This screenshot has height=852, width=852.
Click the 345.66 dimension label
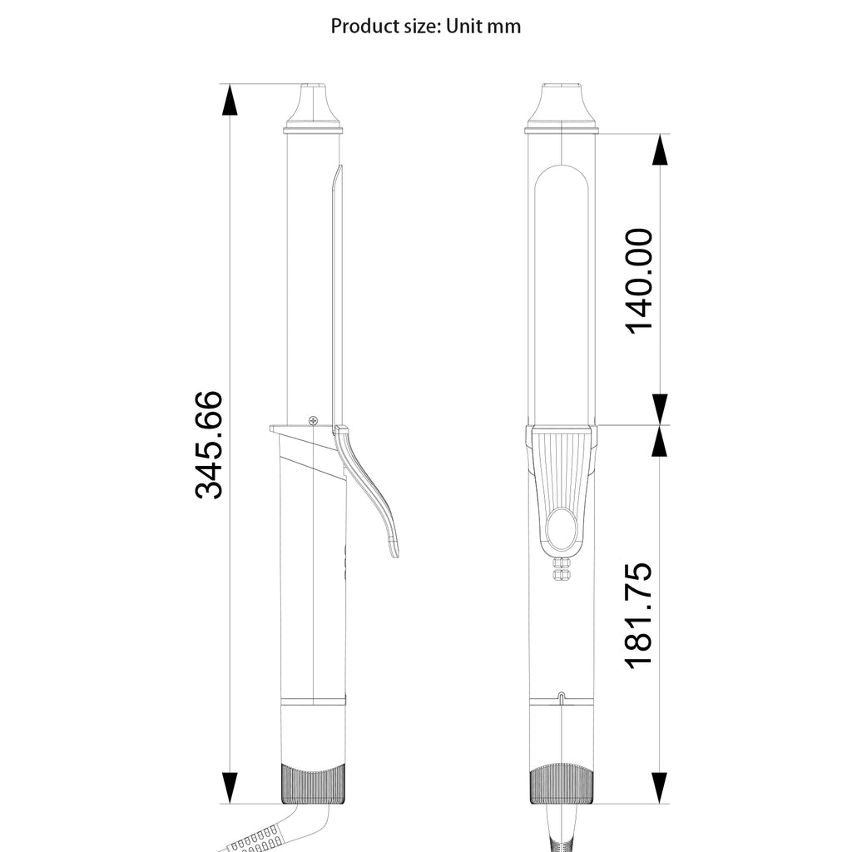point(209,444)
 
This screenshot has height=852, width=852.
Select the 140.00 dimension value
point(638,281)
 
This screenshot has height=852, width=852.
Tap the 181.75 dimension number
point(638,615)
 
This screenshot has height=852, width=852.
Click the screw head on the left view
point(314,420)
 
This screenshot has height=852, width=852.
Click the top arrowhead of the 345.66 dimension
point(230,100)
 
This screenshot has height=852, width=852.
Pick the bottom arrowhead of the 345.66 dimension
point(230,787)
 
